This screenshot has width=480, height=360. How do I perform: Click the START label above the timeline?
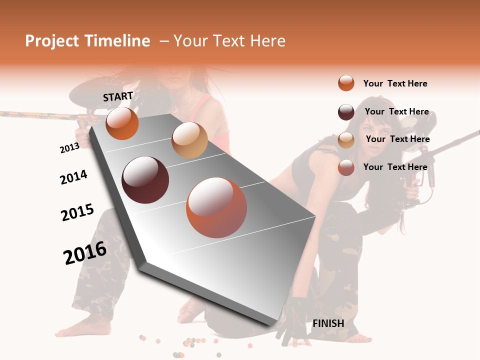118,96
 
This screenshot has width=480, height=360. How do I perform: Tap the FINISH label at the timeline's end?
328,323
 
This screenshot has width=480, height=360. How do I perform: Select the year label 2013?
69,148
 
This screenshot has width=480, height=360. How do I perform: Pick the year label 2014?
73,177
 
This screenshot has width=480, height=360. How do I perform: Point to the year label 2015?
77,212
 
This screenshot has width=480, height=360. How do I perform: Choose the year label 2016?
85,253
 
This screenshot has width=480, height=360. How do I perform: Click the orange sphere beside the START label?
122,123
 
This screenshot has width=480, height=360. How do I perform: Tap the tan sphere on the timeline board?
189,140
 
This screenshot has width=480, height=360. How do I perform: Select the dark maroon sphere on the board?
145,180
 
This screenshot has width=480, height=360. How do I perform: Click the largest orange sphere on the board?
216,207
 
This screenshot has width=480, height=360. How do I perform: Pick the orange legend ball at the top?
346,83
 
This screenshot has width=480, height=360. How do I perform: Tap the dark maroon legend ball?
346,112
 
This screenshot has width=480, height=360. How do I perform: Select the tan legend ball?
346,140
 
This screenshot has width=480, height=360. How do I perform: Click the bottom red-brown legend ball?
346,167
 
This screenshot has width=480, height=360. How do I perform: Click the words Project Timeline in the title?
87,41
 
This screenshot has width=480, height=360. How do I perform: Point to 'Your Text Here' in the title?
229,41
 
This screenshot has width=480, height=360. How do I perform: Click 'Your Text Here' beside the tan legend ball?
397,139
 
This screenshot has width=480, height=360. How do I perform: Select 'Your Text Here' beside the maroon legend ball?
396,111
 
